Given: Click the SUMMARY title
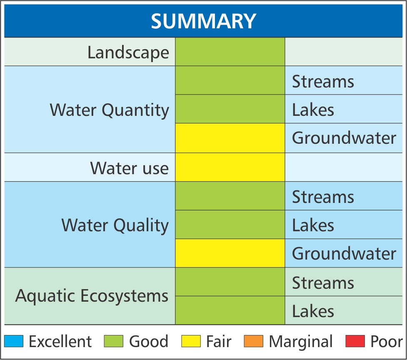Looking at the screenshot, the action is tap(203, 21).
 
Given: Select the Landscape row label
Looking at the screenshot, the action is tap(128, 52).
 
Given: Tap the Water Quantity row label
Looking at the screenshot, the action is tap(109, 110).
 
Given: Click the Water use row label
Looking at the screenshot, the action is tap(129, 168).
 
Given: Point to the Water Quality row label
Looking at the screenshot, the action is tap(115, 225).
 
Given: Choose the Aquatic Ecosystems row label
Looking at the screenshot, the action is tap(92, 296).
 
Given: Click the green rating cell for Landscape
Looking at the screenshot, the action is tap(230, 52).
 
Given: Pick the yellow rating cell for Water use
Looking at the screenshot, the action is tap(230, 167).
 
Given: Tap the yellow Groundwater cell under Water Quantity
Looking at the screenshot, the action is tap(230, 138).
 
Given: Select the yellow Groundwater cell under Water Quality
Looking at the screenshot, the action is tap(230, 253).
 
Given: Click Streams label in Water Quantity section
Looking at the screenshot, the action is tap(323, 82).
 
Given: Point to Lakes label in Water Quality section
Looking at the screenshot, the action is tap(313, 225).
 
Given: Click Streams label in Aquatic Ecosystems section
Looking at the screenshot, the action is tap(323, 282).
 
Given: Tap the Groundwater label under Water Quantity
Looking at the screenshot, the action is tap(344, 137).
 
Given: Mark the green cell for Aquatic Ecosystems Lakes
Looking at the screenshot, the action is tap(230, 310).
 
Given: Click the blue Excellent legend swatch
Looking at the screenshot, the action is tap(14, 341).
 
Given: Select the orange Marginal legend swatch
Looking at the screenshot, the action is tap(253, 341).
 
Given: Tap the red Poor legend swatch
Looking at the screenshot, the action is tap(355, 341).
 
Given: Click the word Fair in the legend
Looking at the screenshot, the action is tap(219, 341).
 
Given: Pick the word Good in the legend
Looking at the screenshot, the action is tap(149, 341).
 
